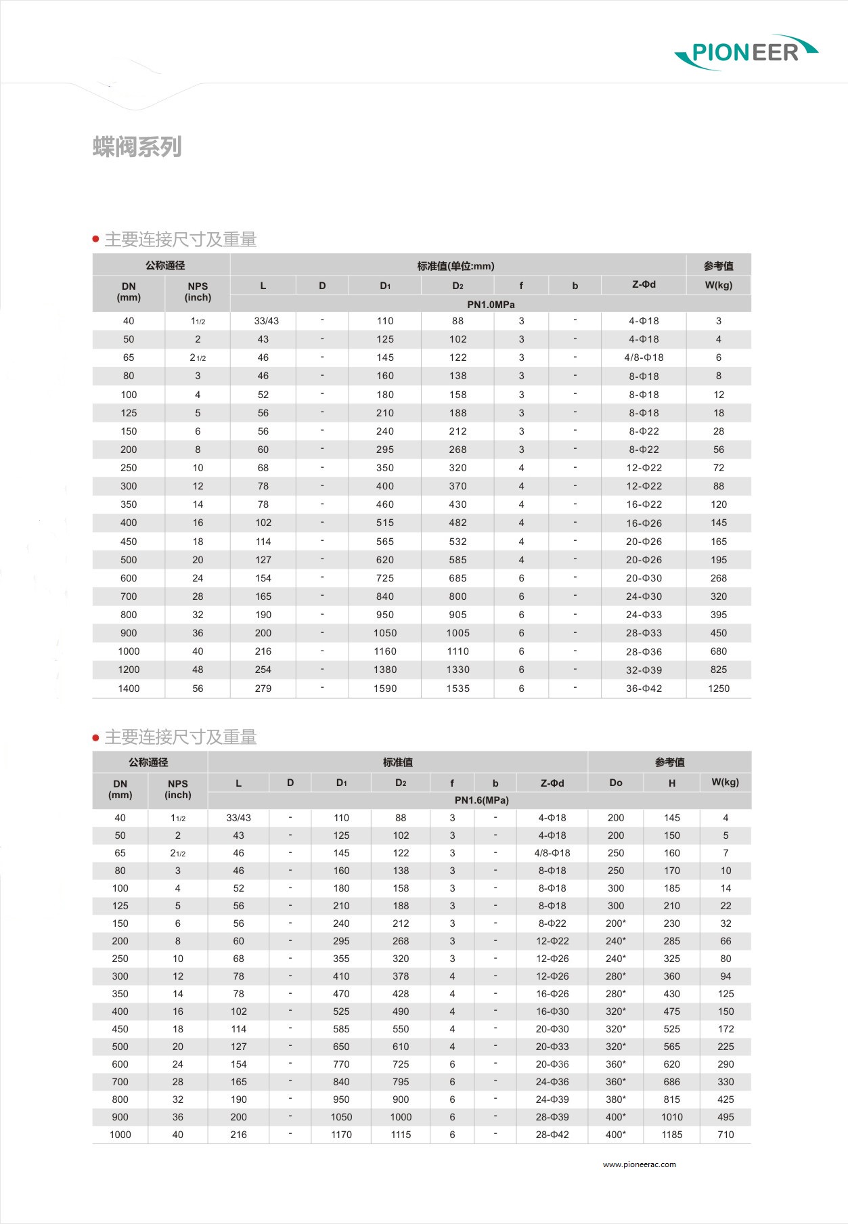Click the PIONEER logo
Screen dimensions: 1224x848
pos(746,52)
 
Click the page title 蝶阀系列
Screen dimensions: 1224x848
pos(137,146)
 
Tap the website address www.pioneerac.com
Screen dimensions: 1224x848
pos(639,1164)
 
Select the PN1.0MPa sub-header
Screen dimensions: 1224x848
pos(491,304)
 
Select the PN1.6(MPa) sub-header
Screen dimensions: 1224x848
pos(481,800)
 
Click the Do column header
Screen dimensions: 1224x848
pos(616,783)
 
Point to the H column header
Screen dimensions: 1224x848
pos(672,783)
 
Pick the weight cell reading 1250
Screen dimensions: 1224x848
pos(719,688)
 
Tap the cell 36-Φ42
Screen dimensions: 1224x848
pos(644,688)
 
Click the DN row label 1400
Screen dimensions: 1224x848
pos(129,688)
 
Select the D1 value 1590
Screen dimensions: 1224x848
pos(385,688)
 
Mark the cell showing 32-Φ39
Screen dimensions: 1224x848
pos(644,670)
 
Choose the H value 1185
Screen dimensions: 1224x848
pos(672,1135)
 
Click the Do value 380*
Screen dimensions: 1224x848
pos(616,1099)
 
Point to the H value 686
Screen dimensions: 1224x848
pos(672,1082)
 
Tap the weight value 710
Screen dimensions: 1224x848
pos(726,1135)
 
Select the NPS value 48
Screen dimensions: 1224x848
pos(198,670)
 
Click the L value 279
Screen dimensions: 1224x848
pos(263,688)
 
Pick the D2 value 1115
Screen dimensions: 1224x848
pos(401,1135)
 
